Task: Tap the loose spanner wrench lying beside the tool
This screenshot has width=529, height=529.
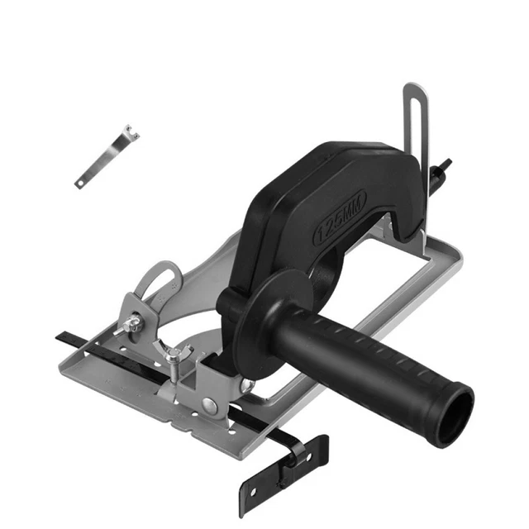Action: pos(107,156)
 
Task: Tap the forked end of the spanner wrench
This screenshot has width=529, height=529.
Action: pos(131,131)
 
